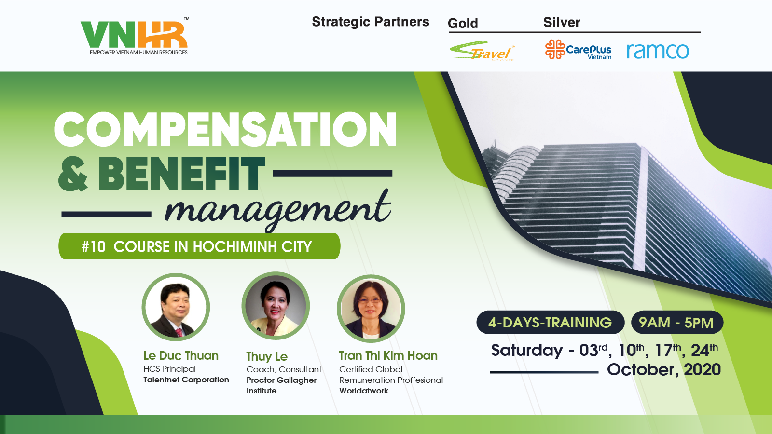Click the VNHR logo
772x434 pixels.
click(135, 36)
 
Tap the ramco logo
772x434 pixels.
click(658, 51)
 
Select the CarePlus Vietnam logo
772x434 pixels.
click(579, 50)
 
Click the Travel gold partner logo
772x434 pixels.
click(482, 51)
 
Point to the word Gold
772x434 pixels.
click(463, 24)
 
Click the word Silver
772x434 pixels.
click(562, 22)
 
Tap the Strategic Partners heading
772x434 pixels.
click(371, 22)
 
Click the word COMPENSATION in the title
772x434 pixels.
click(225, 129)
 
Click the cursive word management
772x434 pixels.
click(278, 209)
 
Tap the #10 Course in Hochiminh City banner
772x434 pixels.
click(199, 246)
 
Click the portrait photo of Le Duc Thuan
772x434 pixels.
click(176, 307)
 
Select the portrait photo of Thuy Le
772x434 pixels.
click(276, 306)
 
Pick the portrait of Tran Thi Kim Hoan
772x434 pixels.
click(371, 308)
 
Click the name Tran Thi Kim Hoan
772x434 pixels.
click(388, 355)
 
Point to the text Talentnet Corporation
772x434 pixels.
click(186, 380)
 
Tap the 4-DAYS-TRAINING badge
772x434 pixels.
click(550, 323)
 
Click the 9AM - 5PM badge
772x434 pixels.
click(677, 323)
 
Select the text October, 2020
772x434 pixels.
click(664, 369)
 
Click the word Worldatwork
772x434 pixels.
click(364, 391)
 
